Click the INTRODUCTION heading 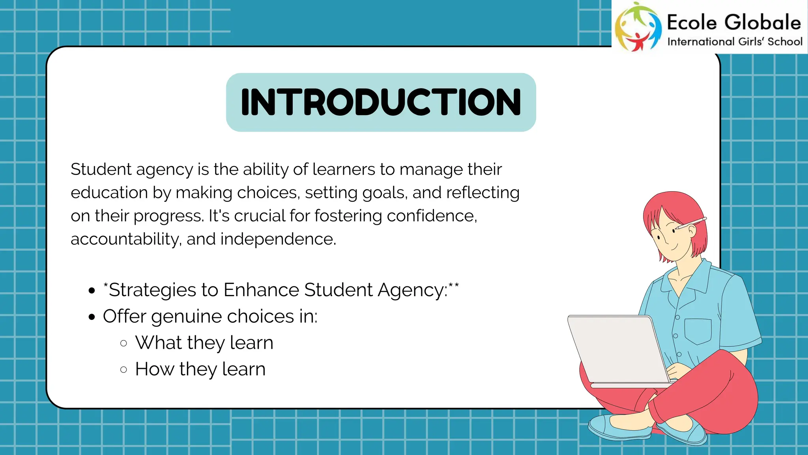tap(381, 102)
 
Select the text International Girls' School tap(735, 42)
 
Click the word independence tap(278, 239)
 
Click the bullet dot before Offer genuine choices tap(92, 317)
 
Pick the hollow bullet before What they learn tap(123, 343)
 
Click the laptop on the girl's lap tap(617, 348)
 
